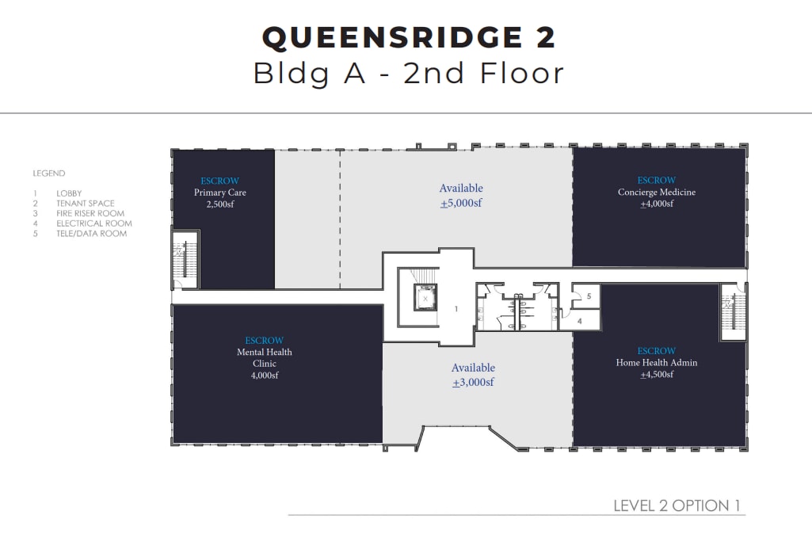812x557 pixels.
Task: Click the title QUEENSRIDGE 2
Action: click(409, 37)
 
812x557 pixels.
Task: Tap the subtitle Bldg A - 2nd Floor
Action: click(409, 73)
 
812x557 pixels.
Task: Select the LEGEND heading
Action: click(49, 174)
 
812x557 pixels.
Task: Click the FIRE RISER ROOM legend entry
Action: click(90, 214)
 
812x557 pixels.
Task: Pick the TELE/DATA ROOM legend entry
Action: click(91, 234)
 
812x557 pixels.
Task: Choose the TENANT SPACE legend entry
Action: click(86, 204)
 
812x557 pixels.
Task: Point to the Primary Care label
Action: click(220, 193)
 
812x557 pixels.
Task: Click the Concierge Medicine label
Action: click(657, 192)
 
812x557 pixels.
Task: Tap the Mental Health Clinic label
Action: click(265, 357)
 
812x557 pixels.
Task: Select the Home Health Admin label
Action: click(657, 363)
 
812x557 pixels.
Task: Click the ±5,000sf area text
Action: click(461, 203)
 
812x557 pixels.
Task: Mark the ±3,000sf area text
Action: click(473, 383)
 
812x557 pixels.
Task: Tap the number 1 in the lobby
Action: click(456, 309)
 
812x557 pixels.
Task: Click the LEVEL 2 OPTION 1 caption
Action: click(677, 505)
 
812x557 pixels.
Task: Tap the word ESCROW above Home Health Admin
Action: click(657, 351)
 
